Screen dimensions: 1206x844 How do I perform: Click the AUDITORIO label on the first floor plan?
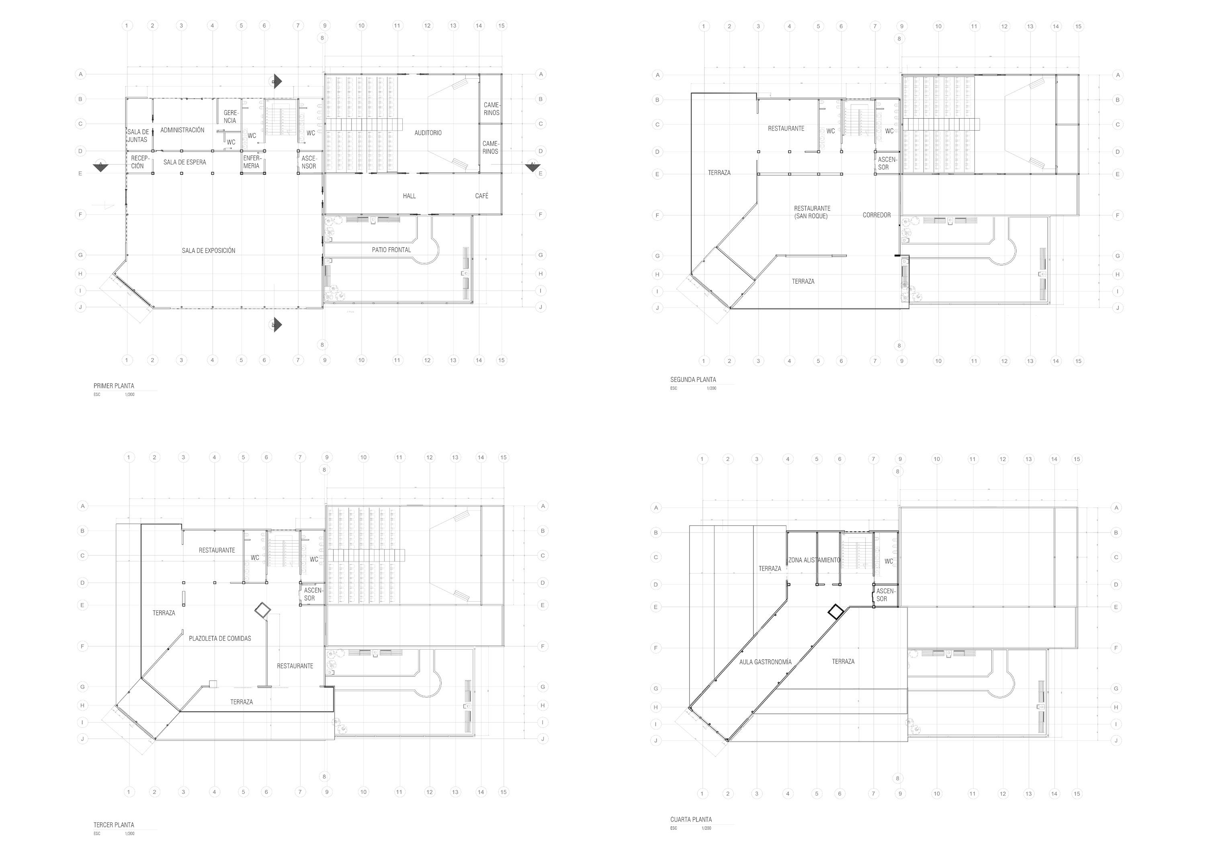click(x=428, y=133)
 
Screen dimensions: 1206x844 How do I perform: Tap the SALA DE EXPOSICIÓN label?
click(x=209, y=250)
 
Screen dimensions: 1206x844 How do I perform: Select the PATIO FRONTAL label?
click(x=391, y=250)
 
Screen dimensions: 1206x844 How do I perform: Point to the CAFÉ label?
click(x=482, y=196)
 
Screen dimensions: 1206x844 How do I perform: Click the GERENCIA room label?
click(x=231, y=117)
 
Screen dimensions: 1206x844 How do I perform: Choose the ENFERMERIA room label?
click(x=252, y=162)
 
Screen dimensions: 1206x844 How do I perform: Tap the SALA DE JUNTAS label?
click(x=137, y=136)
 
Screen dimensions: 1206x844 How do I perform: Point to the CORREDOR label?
click(x=876, y=215)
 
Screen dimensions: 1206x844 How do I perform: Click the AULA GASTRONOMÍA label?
click(x=765, y=662)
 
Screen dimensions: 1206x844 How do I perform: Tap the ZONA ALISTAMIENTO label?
click(x=814, y=560)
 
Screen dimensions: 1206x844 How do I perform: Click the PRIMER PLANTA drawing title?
click(x=114, y=386)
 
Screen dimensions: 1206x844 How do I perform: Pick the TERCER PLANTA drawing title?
click(x=114, y=825)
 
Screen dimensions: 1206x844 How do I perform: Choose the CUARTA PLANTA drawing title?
click(x=691, y=819)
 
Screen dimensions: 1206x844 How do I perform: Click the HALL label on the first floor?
click(x=409, y=196)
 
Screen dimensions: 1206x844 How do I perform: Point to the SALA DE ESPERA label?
click(x=184, y=162)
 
